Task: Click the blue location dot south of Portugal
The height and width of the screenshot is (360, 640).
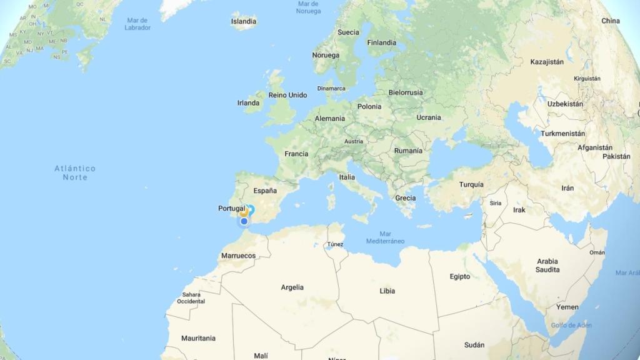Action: (x=244, y=221)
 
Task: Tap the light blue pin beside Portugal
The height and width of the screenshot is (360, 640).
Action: (x=251, y=209)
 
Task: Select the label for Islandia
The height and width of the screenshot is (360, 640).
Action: (x=244, y=21)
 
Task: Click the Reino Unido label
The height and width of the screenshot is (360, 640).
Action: (x=287, y=95)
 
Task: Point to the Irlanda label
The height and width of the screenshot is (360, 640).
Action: (x=248, y=103)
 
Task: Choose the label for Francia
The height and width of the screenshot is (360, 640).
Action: (x=296, y=154)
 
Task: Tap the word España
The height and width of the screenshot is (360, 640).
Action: (x=265, y=191)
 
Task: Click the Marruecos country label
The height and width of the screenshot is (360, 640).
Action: (x=238, y=256)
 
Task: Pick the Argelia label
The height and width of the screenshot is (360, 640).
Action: (x=292, y=287)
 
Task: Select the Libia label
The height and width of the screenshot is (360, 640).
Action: (x=387, y=291)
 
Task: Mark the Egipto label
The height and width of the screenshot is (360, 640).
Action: (x=459, y=277)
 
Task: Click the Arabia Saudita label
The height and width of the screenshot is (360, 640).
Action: (x=547, y=266)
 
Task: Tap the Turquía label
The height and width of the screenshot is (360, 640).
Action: (x=471, y=185)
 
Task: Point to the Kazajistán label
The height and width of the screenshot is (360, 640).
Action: (x=547, y=62)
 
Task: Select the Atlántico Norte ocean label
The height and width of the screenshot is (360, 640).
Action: (x=75, y=173)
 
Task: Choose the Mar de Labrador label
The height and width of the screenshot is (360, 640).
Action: (x=137, y=24)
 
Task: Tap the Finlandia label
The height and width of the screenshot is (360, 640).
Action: (x=382, y=43)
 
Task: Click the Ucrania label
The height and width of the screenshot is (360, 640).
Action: (x=429, y=117)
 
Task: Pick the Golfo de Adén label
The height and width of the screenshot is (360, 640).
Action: (x=571, y=326)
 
